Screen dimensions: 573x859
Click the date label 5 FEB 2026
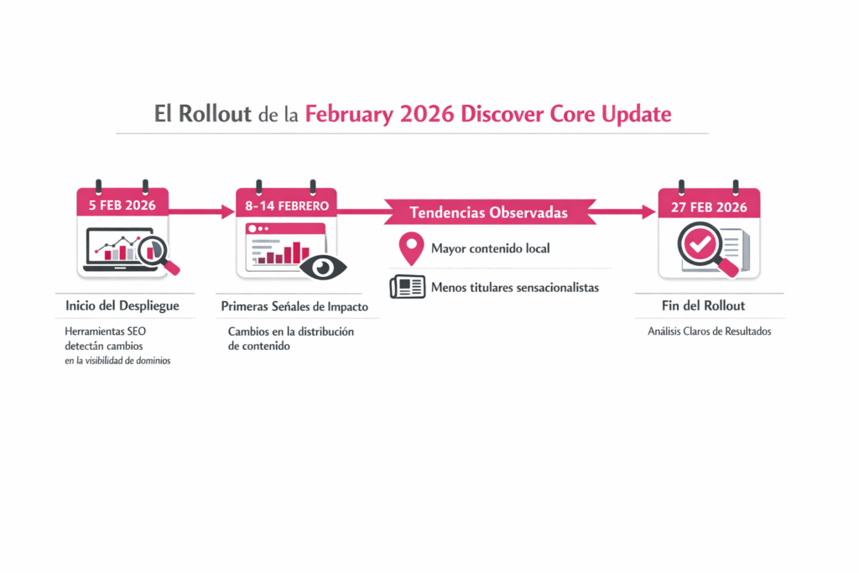tap(122, 206)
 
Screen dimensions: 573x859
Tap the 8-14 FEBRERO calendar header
tap(287, 206)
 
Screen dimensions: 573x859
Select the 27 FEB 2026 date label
tap(709, 207)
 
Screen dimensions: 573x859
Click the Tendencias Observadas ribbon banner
tap(489, 211)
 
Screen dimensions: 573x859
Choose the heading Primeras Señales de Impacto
tap(294, 307)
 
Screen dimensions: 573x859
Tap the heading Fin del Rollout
tap(709, 306)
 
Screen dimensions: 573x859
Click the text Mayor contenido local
tap(490, 249)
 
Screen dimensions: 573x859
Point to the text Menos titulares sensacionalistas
tap(514, 288)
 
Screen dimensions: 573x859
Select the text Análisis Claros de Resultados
tap(709, 331)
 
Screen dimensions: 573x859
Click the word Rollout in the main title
tap(215, 114)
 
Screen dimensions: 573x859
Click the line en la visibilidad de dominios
tap(117, 361)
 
